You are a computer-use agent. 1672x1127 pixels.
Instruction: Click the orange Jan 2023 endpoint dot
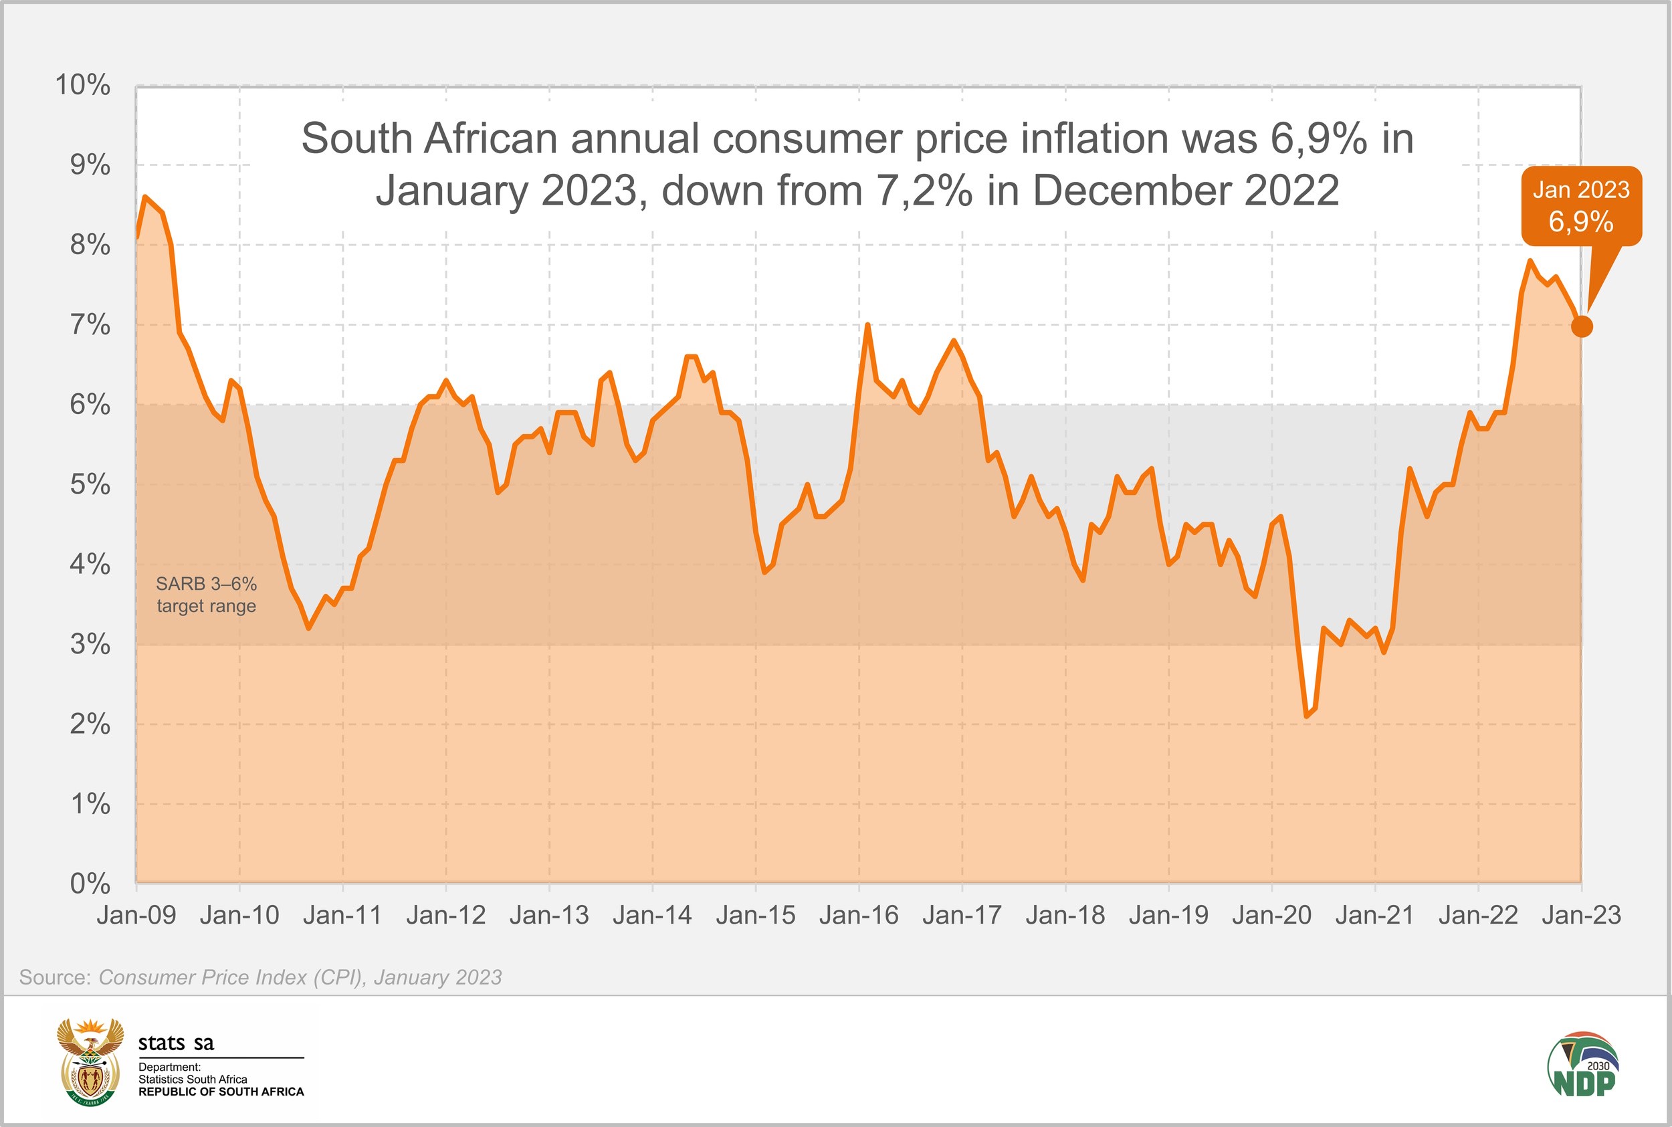[x=1582, y=326]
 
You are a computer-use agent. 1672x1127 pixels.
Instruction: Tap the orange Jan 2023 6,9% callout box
[x=1581, y=206]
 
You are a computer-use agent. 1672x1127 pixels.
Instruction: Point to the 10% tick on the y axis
[x=84, y=86]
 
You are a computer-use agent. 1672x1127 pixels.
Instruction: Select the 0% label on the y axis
[x=90, y=883]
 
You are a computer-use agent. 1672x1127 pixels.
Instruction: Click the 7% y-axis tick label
[x=90, y=325]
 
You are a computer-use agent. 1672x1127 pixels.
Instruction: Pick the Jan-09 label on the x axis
[x=136, y=915]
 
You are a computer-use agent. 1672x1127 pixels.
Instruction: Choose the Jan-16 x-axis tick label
[x=859, y=915]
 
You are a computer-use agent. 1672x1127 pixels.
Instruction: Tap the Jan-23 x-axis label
[x=1581, y=915]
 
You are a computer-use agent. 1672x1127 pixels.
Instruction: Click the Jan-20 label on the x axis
[x=1272, y=915]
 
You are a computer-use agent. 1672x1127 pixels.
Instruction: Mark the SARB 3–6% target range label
[x=206, y=595]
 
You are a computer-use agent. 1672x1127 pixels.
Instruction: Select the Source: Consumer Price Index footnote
[x=260, y=977]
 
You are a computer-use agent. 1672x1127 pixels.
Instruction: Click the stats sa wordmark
[x=176, y=1043]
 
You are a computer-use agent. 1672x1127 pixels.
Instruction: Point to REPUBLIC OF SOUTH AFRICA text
[x=221, y=1092]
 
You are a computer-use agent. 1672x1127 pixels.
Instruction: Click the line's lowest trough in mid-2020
[x=1306, y=716]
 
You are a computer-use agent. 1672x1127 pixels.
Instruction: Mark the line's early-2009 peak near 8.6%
[x=145, y=196]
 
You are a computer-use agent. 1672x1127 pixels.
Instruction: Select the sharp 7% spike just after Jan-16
[x=867, y=325]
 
